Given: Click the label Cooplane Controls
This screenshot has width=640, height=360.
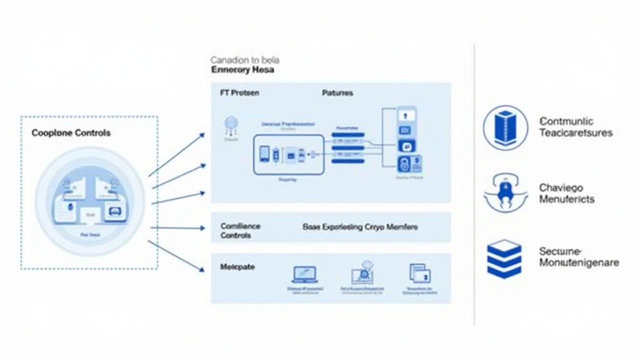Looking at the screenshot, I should pos(71,133).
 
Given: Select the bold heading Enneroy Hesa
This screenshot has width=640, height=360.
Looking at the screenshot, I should pos(242,70).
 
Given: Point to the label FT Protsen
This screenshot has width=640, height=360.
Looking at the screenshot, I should pos(239,93).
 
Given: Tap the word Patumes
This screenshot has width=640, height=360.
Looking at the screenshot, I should pos(337,93).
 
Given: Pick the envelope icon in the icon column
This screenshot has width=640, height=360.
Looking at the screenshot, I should pos(405,130).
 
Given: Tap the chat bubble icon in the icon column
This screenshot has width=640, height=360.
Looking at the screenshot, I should pos(405,146).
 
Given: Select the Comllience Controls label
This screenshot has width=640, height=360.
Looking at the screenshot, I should pos(240,230).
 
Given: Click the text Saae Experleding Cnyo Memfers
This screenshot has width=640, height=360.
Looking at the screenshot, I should pos(360,227).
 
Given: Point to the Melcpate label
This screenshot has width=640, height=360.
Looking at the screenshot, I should pos(237,267).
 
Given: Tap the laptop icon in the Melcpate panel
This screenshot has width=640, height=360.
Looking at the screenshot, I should pos(304,275).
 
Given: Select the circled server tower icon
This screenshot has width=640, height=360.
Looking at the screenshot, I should pos(505,127).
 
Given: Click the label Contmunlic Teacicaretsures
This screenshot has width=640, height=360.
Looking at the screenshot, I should pos(576,127).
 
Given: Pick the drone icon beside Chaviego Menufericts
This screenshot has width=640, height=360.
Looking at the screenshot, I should pos(505,193).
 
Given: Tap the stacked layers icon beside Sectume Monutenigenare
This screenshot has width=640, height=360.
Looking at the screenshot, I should pos(504,258).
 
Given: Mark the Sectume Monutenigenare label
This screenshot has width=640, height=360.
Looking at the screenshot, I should pos(579,257).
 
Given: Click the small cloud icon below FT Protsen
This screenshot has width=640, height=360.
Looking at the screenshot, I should pos(231,124).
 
